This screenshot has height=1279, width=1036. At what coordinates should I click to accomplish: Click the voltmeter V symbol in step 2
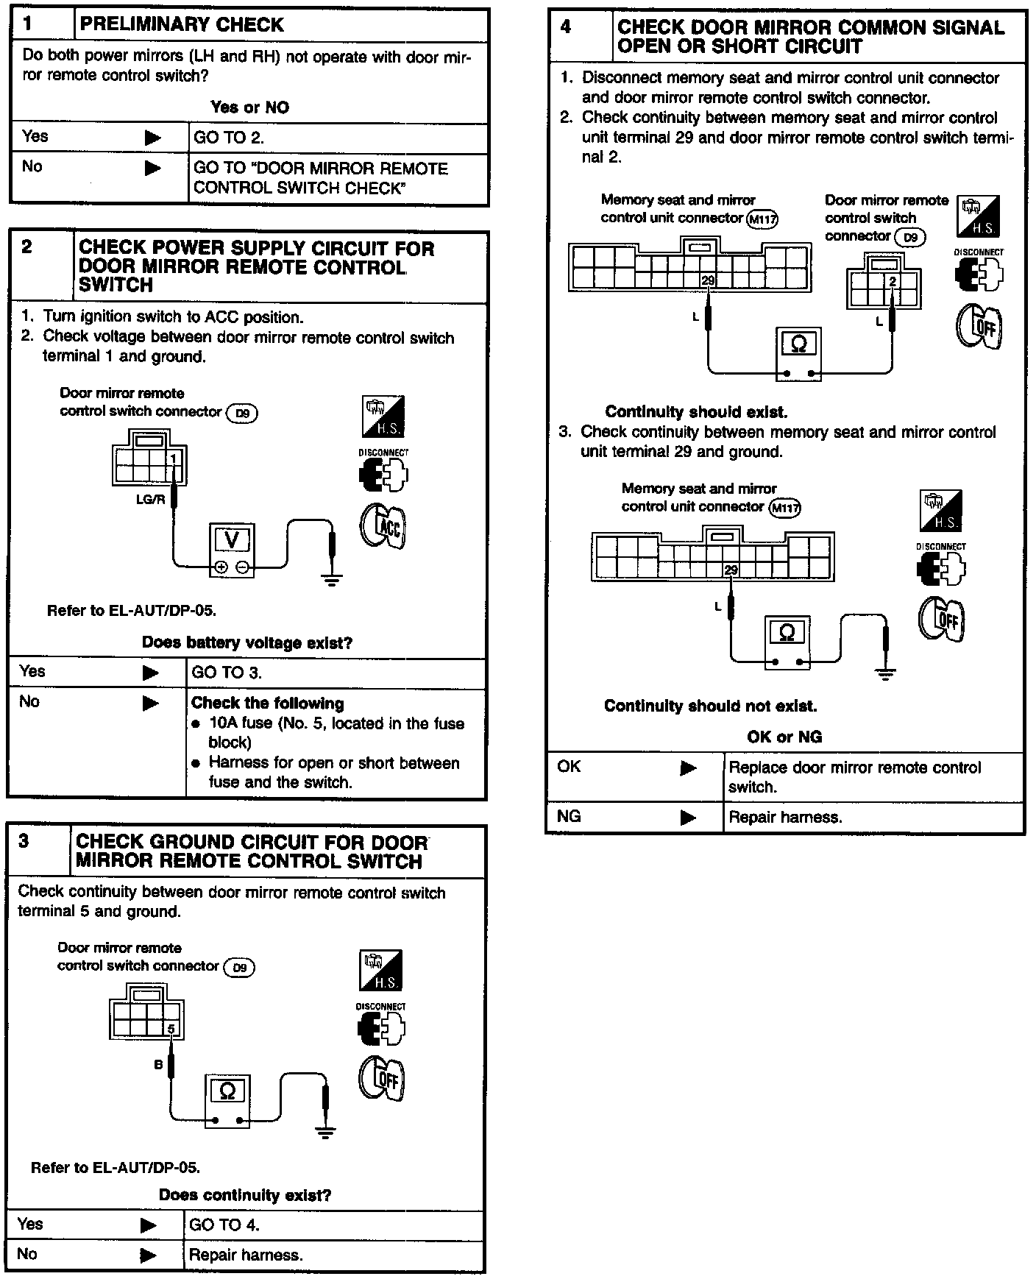(231, 541)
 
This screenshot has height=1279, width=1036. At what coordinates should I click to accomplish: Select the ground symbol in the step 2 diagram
(333, 579)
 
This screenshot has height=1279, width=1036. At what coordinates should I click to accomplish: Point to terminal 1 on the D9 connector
(174, 460)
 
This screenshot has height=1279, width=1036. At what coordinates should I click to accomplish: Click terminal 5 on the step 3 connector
(171, 1028)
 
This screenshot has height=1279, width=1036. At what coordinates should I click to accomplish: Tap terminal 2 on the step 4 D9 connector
(893, 281)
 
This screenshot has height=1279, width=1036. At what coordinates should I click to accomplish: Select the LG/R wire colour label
(150, 499)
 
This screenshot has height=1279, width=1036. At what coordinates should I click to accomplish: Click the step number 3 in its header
(24, 841)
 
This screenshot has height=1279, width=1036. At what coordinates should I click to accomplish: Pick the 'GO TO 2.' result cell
(229, 138)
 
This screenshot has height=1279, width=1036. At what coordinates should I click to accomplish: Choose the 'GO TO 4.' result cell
(224, 1225)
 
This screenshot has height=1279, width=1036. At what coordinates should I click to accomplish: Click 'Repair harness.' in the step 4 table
(785, 817)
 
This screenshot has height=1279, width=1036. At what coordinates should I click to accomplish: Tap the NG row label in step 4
(569, 816)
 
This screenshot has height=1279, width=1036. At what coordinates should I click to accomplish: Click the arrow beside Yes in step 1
(152, 138)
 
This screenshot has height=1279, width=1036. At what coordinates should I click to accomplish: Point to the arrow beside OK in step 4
(688, 768)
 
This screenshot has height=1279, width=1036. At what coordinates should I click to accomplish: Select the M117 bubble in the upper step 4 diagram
(762, 219)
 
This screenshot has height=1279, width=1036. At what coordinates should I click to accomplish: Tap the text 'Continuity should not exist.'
(710, 706)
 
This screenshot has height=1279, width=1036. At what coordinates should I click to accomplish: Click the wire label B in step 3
(158, 1064)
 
